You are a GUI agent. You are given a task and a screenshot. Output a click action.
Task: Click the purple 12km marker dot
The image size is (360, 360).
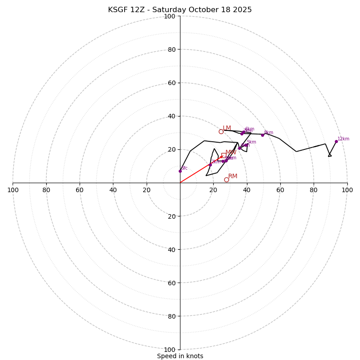click(336, 141)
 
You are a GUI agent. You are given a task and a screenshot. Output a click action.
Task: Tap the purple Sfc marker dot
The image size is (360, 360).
click(180, 171)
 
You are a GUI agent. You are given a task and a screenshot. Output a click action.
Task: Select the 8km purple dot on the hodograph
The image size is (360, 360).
click(262, 135)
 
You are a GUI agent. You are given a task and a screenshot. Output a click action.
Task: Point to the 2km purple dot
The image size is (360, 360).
click(210, 165)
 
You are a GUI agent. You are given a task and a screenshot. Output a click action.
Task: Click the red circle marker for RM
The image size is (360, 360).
click(226, 180)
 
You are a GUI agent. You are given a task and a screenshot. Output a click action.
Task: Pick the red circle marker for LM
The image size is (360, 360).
click(221, 131)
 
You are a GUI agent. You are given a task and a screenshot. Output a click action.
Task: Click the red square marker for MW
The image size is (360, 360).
click(224, 155)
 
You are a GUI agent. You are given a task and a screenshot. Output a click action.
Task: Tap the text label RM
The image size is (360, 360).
click(233, 176)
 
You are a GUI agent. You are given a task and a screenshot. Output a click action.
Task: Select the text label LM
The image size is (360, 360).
click(227, 128)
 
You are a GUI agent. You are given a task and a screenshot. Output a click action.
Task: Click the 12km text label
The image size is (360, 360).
click(343, 139)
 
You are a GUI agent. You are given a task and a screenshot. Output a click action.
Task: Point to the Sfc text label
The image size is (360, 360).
click(184, 168)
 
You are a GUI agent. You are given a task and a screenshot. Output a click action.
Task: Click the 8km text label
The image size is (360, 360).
click(269, 133)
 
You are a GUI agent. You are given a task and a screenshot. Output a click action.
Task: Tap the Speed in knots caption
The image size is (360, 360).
click(180, 356)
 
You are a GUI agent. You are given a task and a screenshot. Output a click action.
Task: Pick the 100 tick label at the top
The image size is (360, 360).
click(170, 16)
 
